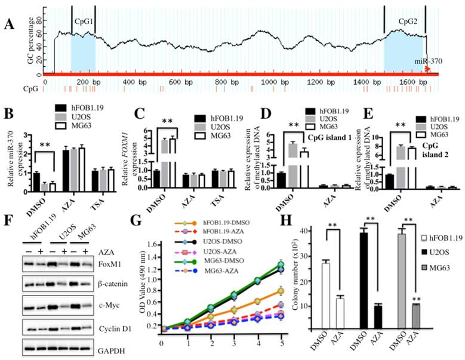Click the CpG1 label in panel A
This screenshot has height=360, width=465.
(x=83, y=20)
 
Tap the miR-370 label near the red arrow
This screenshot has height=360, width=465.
(x=426, y=61)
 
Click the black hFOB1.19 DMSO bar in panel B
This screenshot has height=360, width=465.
(x=38, y=181)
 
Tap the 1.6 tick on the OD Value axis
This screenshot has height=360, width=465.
(x=152, y=245)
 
